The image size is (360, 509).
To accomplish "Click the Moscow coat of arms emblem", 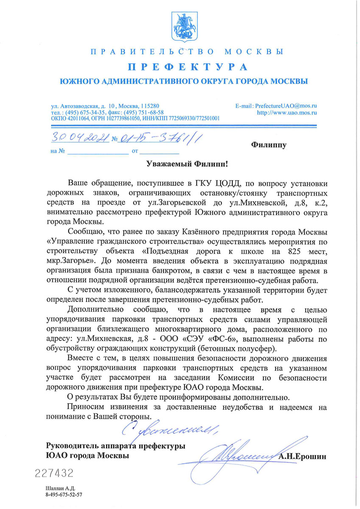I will click(180, 26).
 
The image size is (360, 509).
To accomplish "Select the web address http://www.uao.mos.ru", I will click(287, 113).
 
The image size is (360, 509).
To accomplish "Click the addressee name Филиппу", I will click(269, 145).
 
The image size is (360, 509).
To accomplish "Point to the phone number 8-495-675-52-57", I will click(64, 495).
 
